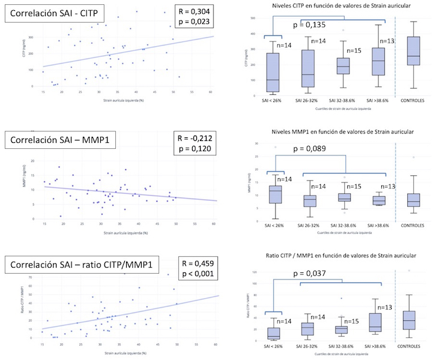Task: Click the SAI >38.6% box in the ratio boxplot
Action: coord(377,322)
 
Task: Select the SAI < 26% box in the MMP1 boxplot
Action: coord(275,194)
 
